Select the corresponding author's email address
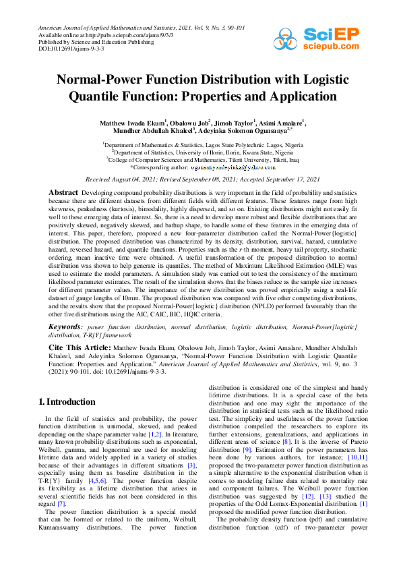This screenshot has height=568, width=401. [233, 167]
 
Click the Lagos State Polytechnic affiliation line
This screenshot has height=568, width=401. [202, 144]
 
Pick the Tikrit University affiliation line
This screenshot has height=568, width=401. [202, 159]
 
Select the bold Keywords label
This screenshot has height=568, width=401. [65, 326]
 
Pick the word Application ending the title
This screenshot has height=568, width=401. [300, 96]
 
